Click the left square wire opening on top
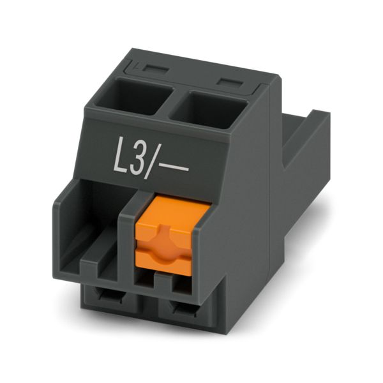(x=133, y=96)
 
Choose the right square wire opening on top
(x=208, y=109)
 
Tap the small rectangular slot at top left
(x=155, y=69)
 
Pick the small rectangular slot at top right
(x=230, y=82)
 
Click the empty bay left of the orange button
(x=93, y=220)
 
